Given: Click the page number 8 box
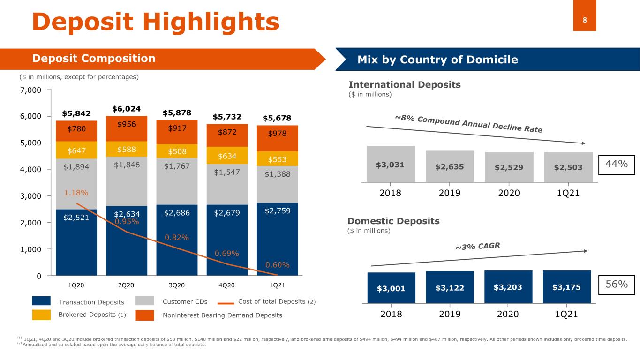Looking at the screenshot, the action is pyautogui.click(x=585, y=15).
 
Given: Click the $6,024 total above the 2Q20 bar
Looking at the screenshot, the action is pyautogui.click(x=126, y=109).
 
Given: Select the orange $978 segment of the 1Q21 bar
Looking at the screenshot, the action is pyautogui.click(x=278, y=138).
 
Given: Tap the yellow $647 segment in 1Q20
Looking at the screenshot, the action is pyautogui.click(x=76, y=150).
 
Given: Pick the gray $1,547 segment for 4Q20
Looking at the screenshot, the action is pyautogui.click(x=227, y=184).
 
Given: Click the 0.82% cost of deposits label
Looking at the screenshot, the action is pyautogui.click(x=177, y=238).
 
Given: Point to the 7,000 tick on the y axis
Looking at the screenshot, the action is pyautogui.click(x=30, y=90).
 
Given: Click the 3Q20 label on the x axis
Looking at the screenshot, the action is pyautogui.click(x=177, y=285).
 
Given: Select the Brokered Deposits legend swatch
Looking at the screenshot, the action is pyautogui.click(x=41, y=315).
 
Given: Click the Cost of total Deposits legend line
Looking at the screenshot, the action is pyautogui.click(x=226, y=303).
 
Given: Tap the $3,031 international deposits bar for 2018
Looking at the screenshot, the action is pyautogui.click(x=391, y=164).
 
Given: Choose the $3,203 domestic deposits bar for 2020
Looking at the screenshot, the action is pyautogui.click(x=508, y=287).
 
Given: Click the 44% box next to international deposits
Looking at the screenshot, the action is pyautogui.click(x=617, y=165).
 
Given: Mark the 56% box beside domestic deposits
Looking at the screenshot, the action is pyautogui.click(x=617, y=285).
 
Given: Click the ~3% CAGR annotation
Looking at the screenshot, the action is pyautogui.click(x=478, y=246).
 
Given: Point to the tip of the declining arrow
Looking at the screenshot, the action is pyautogui.click(x=585, y=143).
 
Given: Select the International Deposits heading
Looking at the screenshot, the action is pyautogui.click(x=405, y=84).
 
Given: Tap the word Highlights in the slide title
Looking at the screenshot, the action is pyautogui.click(x=211, y=22).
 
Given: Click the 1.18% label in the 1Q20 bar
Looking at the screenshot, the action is pyautogui.click(x=76, y=193).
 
